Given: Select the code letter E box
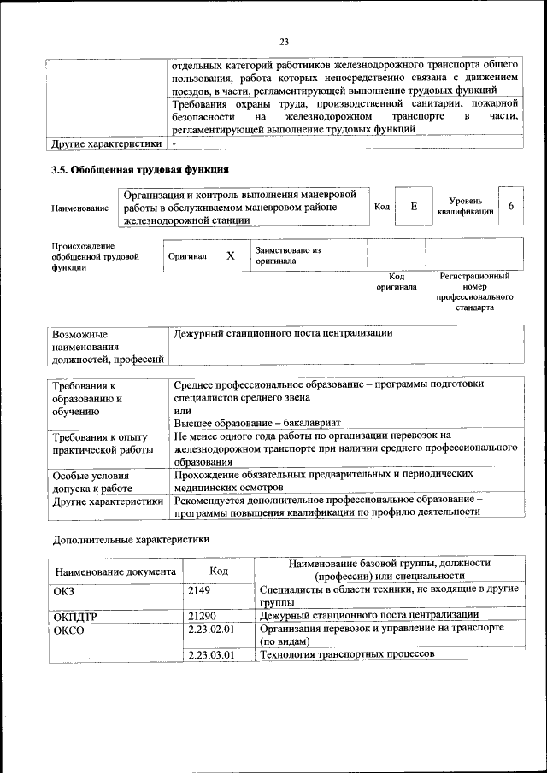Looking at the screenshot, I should click(414, 207).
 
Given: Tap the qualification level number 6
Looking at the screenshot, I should click(511, 207).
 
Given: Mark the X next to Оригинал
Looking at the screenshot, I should click(230, 255).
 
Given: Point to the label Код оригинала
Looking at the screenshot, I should click(397, 282).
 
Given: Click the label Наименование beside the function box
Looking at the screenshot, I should click(80, 208).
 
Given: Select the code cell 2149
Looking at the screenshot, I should click(199, 590).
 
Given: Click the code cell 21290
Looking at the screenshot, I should click(202, 615).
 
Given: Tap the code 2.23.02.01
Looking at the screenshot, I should click(210, 629).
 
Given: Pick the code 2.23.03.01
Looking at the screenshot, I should click(210, 654).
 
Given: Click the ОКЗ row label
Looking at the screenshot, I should click(64, 590).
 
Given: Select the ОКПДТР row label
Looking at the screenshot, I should click(74, 615).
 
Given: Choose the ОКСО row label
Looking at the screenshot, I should click(68, 629).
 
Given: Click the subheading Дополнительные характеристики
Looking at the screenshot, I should click(131, 540).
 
